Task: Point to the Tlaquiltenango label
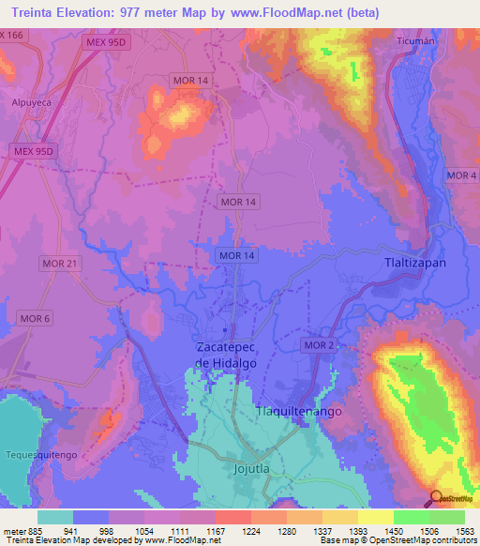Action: pos(299,412)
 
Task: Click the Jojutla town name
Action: pos(250,466)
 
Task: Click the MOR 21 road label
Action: pos(59,264)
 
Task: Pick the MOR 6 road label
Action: pos(36,319)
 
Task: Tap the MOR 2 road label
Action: pos(318,346)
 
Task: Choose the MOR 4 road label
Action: pos(461,176)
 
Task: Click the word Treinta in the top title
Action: pos(38,13)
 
